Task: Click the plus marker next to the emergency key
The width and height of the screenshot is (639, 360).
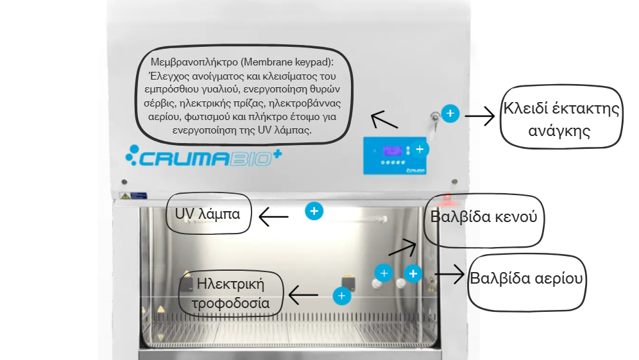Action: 450,114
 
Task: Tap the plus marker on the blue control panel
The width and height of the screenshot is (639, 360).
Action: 420,149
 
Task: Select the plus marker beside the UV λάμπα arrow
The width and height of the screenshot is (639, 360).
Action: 313,210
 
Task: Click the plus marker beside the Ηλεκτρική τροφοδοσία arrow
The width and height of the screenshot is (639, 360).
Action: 342,296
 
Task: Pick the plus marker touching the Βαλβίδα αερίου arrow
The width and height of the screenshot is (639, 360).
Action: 413,274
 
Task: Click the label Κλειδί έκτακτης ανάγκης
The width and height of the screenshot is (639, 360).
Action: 561,119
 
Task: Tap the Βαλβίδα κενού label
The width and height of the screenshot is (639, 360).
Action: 488,216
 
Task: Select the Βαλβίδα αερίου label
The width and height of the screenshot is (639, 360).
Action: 527,279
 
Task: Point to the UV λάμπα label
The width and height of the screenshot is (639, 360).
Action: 208,214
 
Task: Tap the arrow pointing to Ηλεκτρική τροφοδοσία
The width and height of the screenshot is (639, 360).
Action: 303,295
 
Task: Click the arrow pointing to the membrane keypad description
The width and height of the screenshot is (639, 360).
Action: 383,120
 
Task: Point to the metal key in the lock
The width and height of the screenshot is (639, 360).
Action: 436,118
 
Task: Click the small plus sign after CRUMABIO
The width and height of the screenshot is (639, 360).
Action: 278,153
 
